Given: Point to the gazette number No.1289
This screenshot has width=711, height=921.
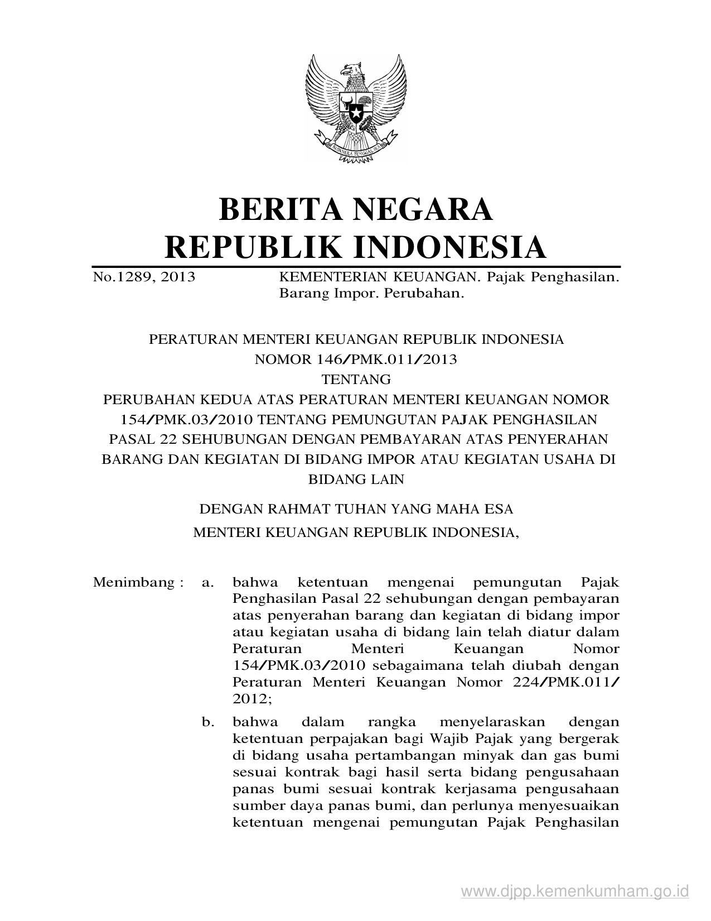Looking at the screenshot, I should point(122,276).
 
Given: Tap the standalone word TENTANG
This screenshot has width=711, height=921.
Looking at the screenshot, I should point(356,380).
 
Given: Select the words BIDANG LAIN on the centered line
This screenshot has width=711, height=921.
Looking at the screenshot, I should point(356,479).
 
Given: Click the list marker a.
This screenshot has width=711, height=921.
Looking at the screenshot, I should point(208,583).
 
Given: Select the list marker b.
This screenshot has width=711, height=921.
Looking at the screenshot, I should point(208,722).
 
